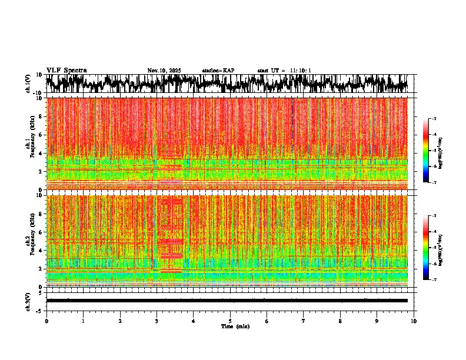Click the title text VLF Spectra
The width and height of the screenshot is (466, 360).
coord(66,70)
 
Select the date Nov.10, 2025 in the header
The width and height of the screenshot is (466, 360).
coord(164,71)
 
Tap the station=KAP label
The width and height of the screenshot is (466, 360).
coord(218,71)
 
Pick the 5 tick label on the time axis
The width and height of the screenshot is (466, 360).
coord(230,321)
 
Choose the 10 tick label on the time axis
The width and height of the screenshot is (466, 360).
coord(414,321)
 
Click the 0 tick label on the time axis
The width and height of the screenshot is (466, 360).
coord(46,321)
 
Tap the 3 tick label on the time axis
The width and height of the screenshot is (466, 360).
coord(157,321)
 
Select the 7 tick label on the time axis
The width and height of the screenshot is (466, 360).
coord(304,321)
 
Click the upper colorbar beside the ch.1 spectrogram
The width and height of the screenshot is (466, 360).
coord(431,151)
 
